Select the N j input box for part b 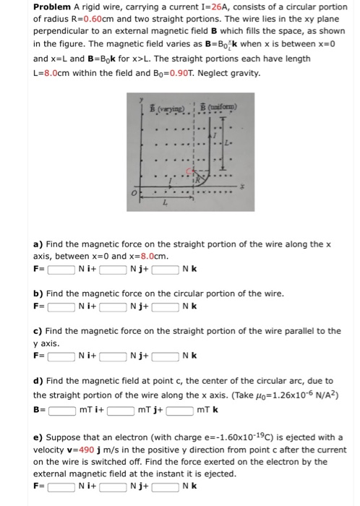click(x=111, y=306)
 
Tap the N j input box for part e click(x=111, y=486)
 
